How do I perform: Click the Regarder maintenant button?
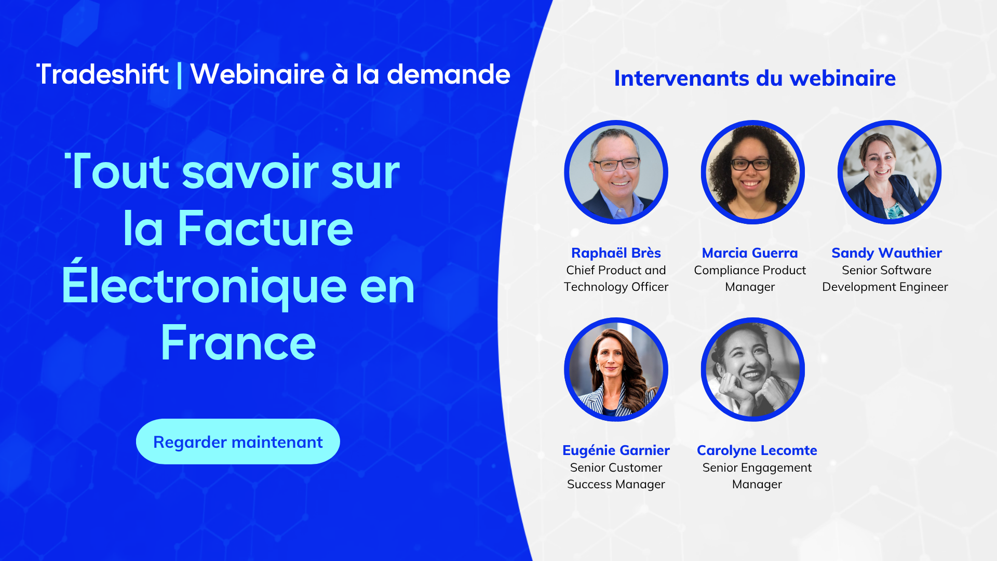coord(238,442)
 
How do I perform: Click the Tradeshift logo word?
coord(103,74)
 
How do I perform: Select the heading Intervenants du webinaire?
coord(755,78)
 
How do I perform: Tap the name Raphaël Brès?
coord(616,253)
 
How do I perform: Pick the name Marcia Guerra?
coord(750,253)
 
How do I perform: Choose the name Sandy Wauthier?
coord(886,253)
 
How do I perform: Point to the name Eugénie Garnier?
coord(616,450)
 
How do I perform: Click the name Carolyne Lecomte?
coord(757,450)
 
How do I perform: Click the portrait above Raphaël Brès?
coord(616,172)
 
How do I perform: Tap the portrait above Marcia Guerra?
coord(753,172)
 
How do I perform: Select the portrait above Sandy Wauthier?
coord(890,172)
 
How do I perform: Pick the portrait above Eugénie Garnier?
coord(616,369)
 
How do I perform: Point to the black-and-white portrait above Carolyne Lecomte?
coord(753,369)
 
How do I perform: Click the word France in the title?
coord(238,342)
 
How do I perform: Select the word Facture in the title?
coord(265,228)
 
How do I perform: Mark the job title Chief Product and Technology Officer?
coord(616,278)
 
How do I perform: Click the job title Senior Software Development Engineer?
coord(885,278)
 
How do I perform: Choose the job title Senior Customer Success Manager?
coord(616,476)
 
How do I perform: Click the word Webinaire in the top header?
coord(258,74)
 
